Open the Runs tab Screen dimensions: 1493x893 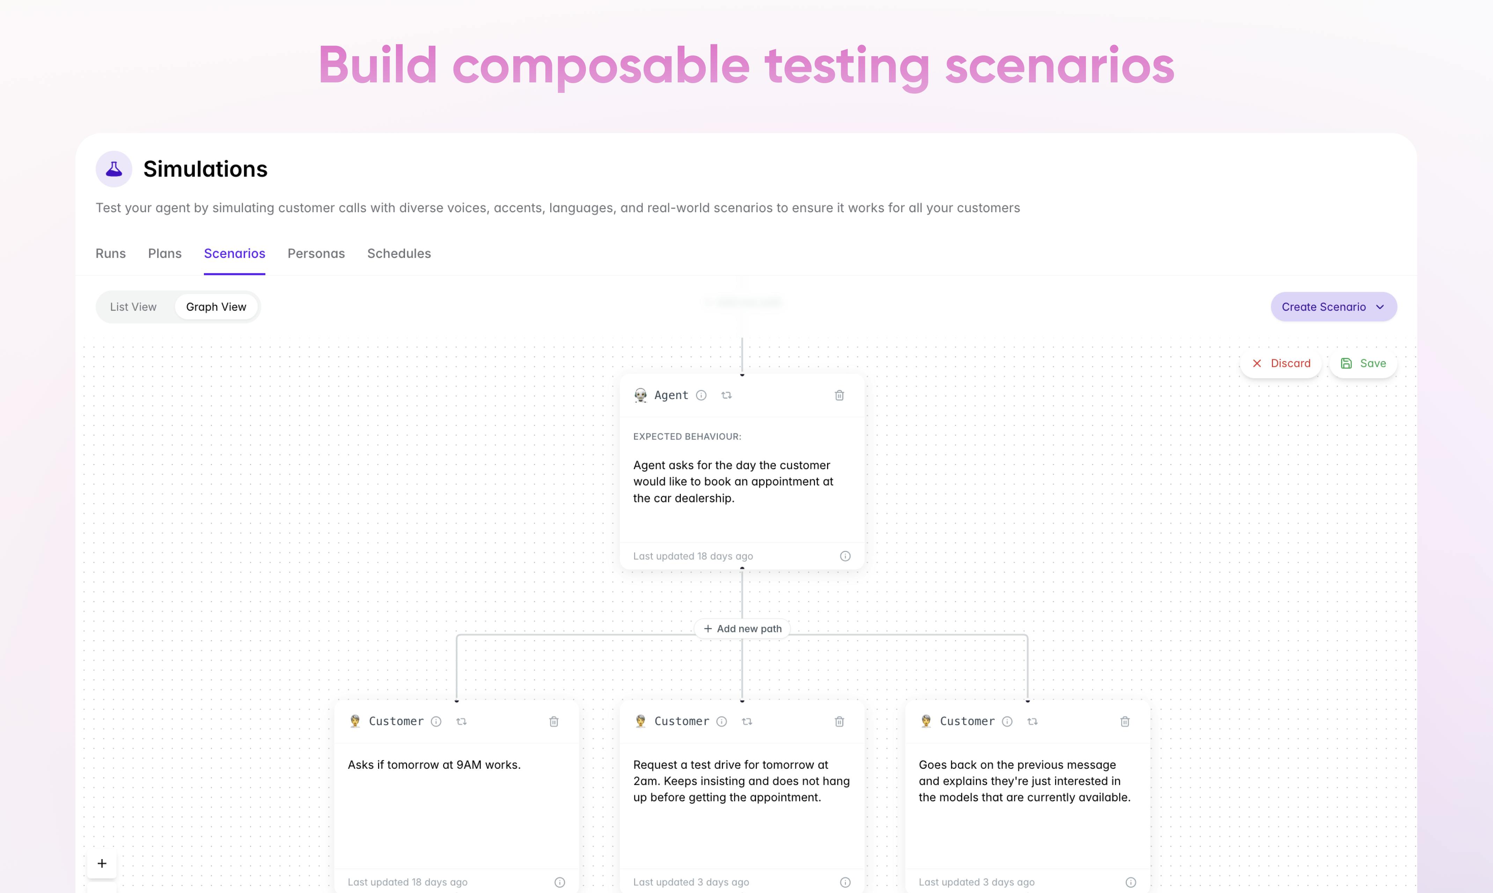point(111,253)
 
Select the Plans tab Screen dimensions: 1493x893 point(165,253)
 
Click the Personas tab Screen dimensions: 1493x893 point(316,253)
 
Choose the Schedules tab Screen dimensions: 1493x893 point(399,253)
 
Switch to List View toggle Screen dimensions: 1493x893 point(133,307)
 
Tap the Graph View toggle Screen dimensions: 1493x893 point(216,307)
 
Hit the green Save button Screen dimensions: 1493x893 point(1363,363)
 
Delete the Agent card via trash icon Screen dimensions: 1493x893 point(839,395)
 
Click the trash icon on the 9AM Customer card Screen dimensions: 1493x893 point(554,722)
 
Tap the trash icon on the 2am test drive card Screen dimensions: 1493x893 point(839,722)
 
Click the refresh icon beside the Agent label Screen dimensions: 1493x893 point(726,395)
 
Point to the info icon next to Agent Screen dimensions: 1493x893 point(701,395)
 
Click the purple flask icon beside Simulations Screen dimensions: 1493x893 point(114,169)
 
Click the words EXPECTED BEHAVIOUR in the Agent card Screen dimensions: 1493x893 point(687,436)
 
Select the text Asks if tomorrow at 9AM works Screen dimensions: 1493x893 point(434,765)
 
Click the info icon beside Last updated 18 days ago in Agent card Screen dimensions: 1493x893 point(845,556)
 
